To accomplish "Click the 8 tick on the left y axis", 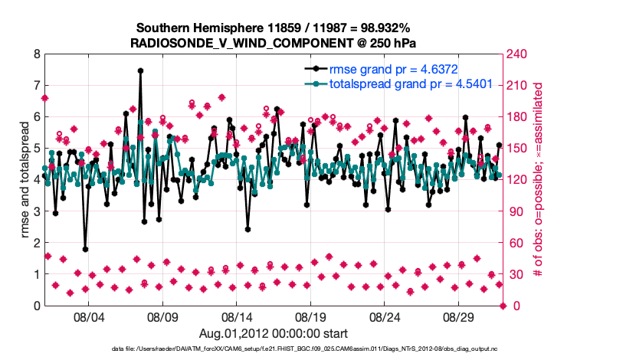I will pos(36,54).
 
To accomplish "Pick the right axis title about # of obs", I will pos(538,181).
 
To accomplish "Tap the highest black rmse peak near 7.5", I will pos(140,70).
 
